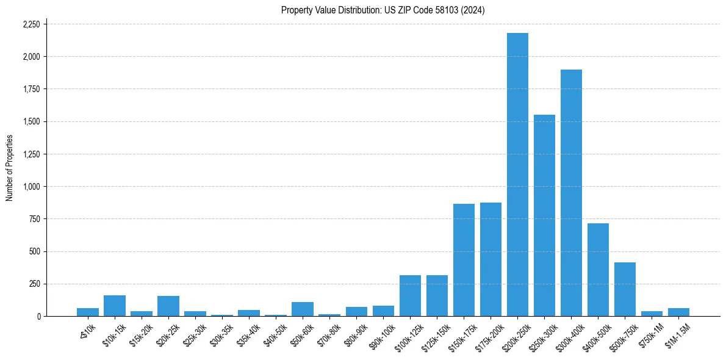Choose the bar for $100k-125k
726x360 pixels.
(410, 296)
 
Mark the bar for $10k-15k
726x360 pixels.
(115, 306)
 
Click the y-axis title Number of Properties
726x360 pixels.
(9, 168)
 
